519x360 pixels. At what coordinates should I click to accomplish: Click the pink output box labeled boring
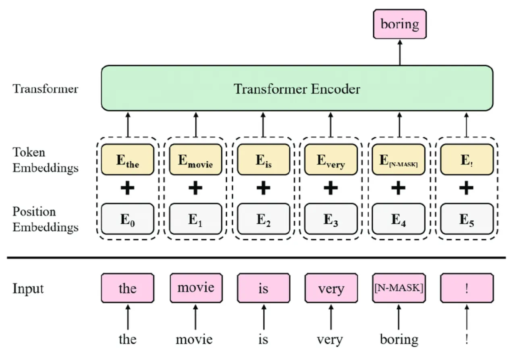pos(399,24)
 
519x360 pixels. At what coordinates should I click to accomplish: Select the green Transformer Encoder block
pos(297,88)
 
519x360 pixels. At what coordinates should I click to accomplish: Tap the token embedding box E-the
pos(127,160)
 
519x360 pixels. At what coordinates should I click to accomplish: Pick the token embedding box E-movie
pos(195,160)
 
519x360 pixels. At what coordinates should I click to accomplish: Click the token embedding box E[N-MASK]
pos(399,160)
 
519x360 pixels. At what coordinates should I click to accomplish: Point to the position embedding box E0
pos(127,219)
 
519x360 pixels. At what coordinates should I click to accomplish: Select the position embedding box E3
pos(331,219)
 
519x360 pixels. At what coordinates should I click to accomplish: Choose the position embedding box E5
pos(467,219)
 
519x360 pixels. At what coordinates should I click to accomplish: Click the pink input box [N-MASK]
pos(399,288)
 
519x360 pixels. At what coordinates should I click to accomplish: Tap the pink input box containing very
pos(331,288)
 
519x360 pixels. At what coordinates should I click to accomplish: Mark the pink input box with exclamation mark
pos(467,288)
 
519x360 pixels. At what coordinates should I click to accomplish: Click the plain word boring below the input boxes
pos(399,339)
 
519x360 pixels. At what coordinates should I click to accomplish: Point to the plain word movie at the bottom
pos(194,339)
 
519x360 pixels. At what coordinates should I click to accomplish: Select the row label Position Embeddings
pos(45,219)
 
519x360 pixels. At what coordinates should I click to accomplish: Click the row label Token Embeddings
pos(45,160)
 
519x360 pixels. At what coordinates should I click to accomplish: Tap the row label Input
pos(28,288)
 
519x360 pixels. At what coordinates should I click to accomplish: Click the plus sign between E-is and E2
pos(263,188)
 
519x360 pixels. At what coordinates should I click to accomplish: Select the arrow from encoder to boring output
pos(400,52)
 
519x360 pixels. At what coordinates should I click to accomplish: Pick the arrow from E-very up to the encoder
pos(331,124)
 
